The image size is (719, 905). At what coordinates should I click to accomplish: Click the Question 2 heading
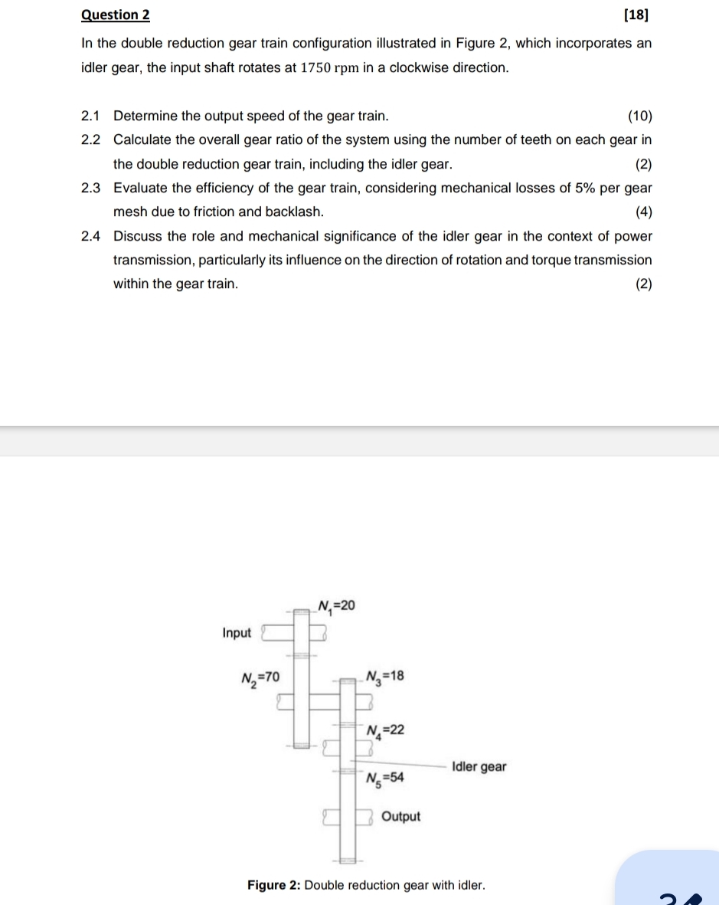point(116,15)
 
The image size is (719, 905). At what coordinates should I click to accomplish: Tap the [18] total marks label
point(639,15)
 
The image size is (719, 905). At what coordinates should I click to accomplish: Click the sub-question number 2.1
point(90,116)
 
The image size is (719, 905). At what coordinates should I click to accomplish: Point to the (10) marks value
point(639,116)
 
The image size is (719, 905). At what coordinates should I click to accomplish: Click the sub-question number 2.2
point(90,140)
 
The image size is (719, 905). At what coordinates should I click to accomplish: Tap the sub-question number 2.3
point(90,188)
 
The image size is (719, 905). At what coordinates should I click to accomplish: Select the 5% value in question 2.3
point(588,188)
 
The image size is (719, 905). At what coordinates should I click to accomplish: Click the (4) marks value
point(643,211)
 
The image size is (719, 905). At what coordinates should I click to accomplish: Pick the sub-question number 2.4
point(90,236)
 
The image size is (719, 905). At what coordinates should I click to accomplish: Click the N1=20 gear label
point(337,607)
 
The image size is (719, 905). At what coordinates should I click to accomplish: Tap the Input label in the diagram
point(237,633)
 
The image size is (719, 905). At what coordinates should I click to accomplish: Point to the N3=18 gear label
point(385,677)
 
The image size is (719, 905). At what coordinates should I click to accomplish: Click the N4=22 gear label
point(385,730)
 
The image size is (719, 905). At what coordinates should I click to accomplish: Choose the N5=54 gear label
point(385,779)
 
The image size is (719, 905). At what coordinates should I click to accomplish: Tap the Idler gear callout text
point(479,766)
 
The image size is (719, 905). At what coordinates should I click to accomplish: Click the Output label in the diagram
point(400,817)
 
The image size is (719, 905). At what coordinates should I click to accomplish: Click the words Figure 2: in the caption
point(273,886)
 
